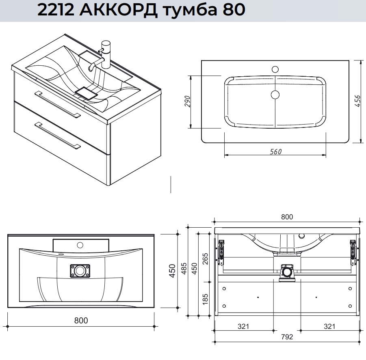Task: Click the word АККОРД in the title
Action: (x=118, y=11)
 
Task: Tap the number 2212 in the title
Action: (x=55, y=10)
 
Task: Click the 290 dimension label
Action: (x=187, y=101)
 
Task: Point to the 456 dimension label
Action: (x=357, y=101)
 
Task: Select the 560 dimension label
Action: (x=276, y=152)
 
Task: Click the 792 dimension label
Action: (x=287, y=337)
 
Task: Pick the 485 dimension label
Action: (x=184, y=268)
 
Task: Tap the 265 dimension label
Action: (x=205, y=259)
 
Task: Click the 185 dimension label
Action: (x=205, y=299)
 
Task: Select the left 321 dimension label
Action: (x=243, y=326)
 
